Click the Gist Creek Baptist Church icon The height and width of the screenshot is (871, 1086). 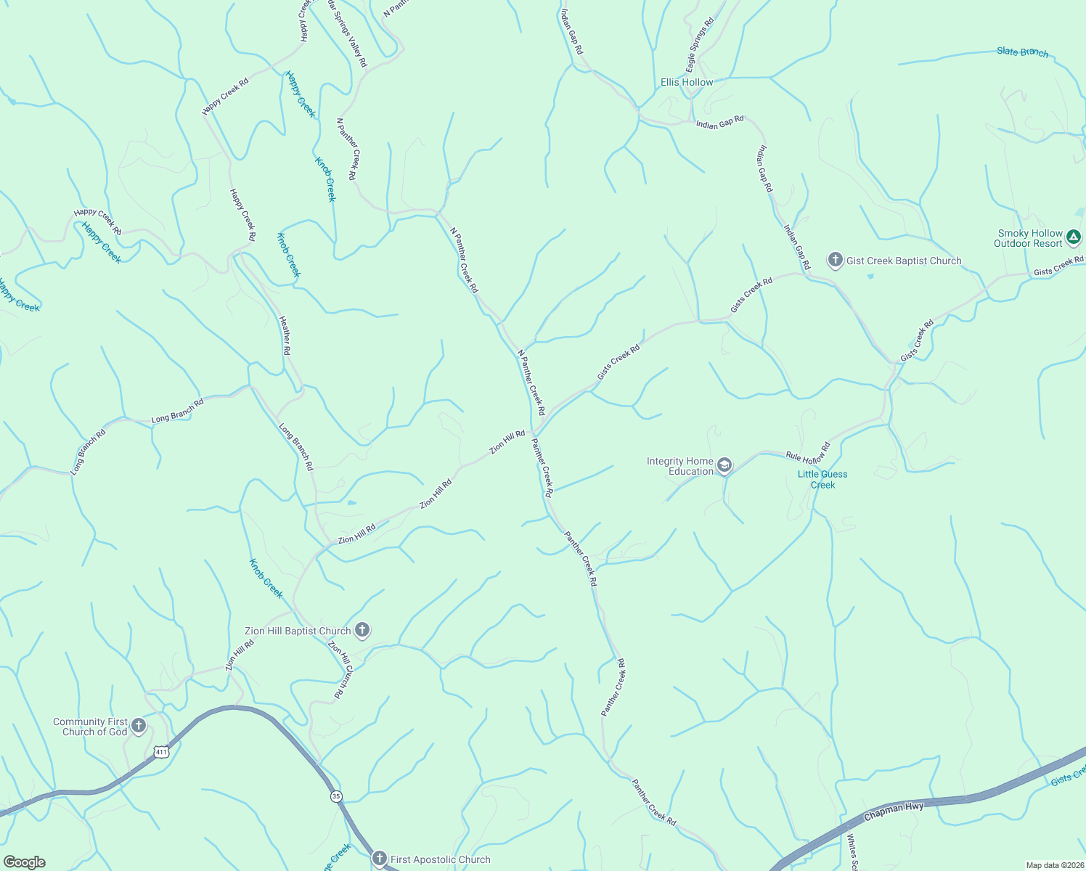click(x=836, y=260)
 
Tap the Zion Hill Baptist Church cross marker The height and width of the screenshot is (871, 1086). click(x=362, y=630)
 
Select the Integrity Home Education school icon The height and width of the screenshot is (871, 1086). click(x=724, y=465)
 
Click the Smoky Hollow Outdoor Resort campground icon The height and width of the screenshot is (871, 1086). click(x=1074, y=237)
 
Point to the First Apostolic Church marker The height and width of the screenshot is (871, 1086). click(x=379, y=859)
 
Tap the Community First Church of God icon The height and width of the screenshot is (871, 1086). click(x=139, y=725)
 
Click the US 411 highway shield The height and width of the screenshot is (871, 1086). click(x=161, y=752)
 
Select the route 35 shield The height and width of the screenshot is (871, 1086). click(x=335, y=796)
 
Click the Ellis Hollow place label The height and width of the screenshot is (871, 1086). click(x=687, y=83)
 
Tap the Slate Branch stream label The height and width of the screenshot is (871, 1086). click(x=1022, y=52)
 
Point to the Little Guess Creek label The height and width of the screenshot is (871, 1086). click(x=822, y=479)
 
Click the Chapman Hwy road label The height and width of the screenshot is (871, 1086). click(x=894, y=811)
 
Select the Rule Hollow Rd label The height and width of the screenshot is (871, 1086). click(x=807, y=454)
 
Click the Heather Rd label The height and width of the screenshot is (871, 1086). click(x=286, y=335)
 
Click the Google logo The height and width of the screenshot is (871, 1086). click(x=24, y=862)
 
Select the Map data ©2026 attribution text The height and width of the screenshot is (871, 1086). click(x=1054, y=865)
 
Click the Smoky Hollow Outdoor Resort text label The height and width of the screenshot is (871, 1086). click(x=1029, y=238)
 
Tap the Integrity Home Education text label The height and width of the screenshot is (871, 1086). click(x=680, y=466)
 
